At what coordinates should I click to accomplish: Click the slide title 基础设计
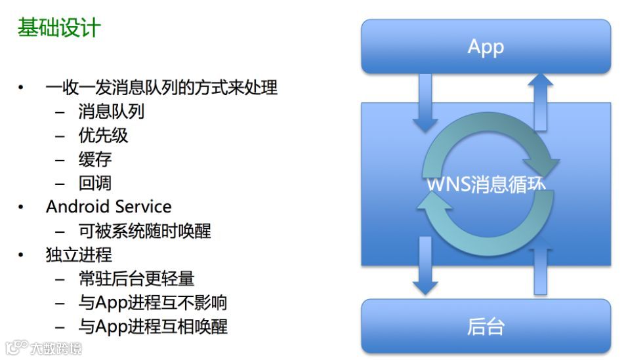(59, 28)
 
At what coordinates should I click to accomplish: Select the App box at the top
(486, 47)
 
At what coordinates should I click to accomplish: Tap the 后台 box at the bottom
(486, 326)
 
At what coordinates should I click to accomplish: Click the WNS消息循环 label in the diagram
(486, 184)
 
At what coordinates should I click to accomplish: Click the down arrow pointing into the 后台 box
(425, 266)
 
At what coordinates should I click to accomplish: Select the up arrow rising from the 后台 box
(541, 269)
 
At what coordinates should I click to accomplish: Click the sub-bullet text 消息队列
(111, 111)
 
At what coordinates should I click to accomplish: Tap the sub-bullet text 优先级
(103, 135)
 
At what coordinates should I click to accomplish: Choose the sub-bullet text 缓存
(95, 159)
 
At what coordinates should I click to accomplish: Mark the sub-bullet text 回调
(95, 183)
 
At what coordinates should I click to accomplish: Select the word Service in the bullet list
(141, 207)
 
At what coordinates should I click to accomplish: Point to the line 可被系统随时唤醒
(144, 231)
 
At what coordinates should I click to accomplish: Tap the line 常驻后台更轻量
(136, 279)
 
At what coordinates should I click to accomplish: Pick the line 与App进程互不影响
(152, 302)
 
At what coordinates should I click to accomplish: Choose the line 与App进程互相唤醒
(152, 326)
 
